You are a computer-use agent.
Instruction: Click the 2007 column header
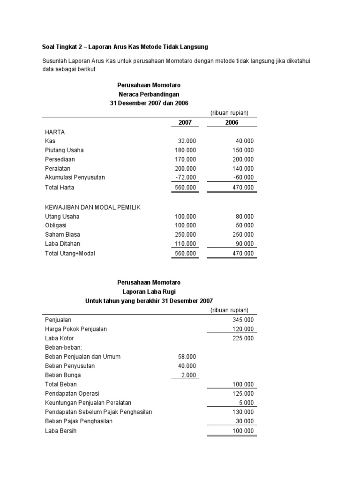(x=185, y=122)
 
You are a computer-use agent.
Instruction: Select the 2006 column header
(x=231, y=122)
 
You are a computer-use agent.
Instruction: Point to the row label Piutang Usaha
(x=64, y=150)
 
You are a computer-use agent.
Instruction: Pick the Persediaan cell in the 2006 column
(x=242, y=159)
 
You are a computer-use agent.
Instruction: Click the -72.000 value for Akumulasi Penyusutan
(x=186, y=177)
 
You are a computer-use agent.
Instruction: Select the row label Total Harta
(x=60, y=187)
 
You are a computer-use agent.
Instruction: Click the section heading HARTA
(x=55, y=132)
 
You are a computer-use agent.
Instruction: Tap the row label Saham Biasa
(x=62, y=235)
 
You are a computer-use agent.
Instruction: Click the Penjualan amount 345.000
(x=242, y=320)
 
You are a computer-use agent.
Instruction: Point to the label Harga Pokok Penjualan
(x=76, y=329)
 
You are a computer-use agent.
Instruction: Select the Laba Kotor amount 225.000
(x=242, y=338)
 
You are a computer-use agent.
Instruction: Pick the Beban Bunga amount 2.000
(x=188, y=375)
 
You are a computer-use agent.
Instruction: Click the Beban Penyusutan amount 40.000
(x=187, y=366)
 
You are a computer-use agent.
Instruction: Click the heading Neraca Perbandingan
(x=149, y=94)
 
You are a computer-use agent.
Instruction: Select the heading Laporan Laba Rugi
(x=149, y=292)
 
